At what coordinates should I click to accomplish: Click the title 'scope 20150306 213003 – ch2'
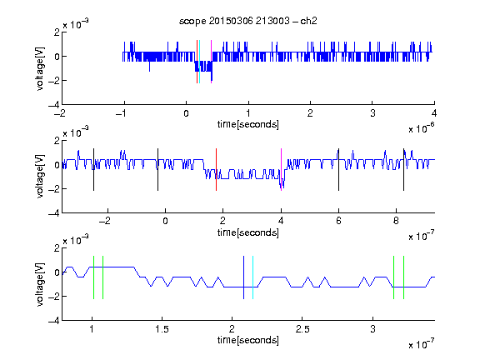click(x=248, y=21)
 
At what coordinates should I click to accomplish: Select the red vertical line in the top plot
click(x=197, y=62)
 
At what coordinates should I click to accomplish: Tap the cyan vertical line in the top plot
click(x=199, y=62)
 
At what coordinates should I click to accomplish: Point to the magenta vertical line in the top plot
click(x=211, y=62)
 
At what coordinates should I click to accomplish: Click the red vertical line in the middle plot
click(x=216, y=170)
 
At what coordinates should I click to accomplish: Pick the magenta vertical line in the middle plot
click(x=281, y=170)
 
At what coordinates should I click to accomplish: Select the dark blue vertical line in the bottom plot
click(x=243, y=277)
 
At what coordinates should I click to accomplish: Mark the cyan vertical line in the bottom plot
click(x=252, y=277)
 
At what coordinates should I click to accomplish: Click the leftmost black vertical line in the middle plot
click(x=93, y=170)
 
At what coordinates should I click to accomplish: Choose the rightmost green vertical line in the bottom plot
click(x=404, y=277)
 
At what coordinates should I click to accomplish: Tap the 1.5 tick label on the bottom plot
click(x=162, y=329)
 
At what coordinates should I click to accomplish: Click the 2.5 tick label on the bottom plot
click(x=302, y=329)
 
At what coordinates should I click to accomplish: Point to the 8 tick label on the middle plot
click(x=396, y=221)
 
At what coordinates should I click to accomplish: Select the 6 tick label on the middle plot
click(x=338, y=221)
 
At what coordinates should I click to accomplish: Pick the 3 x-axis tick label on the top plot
click(x=372, y=113)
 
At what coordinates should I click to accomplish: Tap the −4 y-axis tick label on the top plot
click(x=54, y=105)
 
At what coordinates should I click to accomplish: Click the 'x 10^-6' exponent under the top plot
click(x=422, y=128)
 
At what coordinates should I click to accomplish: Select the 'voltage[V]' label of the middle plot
click(x=40, y=176)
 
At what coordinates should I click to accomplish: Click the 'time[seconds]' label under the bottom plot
click(x=248, y=340)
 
